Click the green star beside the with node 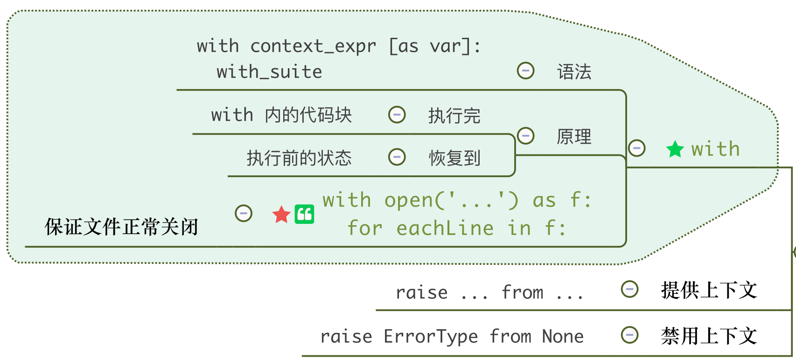coord(675,150)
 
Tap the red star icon coord(281,215)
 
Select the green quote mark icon coord(304,215)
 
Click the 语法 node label coord(574,72)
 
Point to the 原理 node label coord(574,137)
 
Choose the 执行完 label coord(454,115)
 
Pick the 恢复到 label coord(454,158)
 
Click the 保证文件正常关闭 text coord(121,227)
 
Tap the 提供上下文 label coord(708,290)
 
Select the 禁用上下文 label coord(708,336)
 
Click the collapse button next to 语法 coord(526,71)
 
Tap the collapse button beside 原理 coord(526,136)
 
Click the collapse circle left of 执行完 coord(397,114)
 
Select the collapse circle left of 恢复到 coord(397,157)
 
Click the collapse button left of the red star coord(244,214)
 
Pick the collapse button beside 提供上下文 coord(629,289)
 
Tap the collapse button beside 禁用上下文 coord(629,335)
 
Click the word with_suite coord(269,72)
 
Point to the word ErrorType coord(431,336)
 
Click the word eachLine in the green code coord(445,228)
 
